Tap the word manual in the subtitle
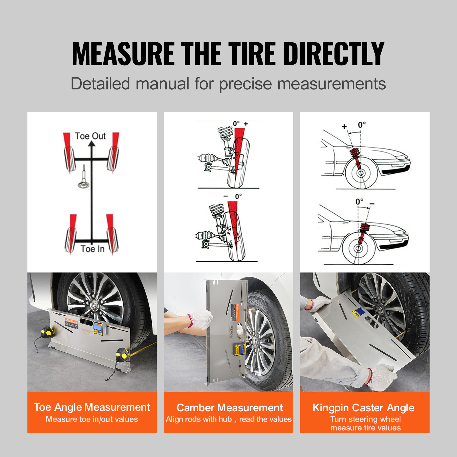162,84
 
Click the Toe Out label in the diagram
90,136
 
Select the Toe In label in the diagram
92,249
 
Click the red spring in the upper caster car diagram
356,156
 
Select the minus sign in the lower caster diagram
372,204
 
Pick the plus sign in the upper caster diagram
344,127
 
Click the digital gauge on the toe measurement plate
97,328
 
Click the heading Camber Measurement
230,408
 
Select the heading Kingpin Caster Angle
363,408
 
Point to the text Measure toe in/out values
92,419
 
